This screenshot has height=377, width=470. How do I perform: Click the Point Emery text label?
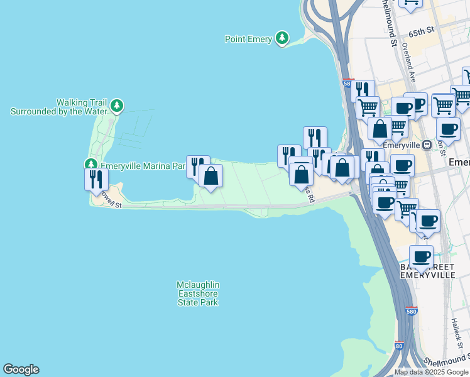tap(248, 39)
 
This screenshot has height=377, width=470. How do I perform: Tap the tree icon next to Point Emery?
tap(282, 38)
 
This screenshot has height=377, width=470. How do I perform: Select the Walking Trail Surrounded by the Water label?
tap(57, 107)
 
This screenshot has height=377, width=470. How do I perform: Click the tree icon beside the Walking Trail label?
tap(116, 106)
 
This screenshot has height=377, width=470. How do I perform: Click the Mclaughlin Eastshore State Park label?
tap(197, 293)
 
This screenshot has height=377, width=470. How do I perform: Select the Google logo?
tap(21, 369)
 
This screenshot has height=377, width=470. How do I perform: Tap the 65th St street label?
tap(421, 30)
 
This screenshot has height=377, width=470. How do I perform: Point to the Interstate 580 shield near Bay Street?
tap(411, 311)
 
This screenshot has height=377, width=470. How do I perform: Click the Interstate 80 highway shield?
tap(400, 346)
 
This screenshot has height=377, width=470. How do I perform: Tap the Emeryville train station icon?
tap(427, 145)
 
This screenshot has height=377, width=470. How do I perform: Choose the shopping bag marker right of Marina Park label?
tap(211, 175)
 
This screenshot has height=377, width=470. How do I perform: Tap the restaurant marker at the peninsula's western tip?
tap(96, 179)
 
